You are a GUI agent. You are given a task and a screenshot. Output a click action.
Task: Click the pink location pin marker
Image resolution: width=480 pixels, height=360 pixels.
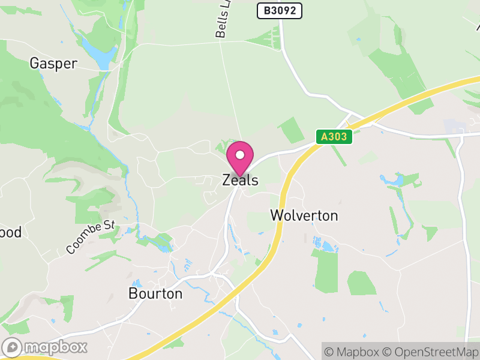point(240,159)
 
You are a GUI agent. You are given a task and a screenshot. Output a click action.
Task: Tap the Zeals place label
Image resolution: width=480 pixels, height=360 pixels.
point(240,180)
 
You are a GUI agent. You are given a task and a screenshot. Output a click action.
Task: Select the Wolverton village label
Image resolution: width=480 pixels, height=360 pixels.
point(304,215)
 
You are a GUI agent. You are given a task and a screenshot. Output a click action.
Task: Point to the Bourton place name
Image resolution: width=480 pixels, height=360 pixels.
point(155,293)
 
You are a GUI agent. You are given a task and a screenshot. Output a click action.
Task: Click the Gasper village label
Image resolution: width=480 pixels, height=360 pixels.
point(53,64)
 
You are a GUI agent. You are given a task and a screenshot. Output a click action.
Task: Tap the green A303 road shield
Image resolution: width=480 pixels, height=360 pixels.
point(334,137)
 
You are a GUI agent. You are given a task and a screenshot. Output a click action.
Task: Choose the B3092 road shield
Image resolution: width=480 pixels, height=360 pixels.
point(280,10)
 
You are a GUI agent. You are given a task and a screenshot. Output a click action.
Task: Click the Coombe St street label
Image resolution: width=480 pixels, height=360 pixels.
point(91,236)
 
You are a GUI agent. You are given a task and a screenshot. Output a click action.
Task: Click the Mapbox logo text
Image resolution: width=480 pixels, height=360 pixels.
point(56,347)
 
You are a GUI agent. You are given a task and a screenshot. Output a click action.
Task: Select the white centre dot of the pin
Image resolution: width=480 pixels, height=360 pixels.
point(240,155)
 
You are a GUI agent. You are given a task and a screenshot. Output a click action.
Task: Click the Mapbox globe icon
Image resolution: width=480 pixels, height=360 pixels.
point(13,347)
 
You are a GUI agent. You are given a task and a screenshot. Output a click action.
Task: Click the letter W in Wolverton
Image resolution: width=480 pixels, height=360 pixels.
point(277,215)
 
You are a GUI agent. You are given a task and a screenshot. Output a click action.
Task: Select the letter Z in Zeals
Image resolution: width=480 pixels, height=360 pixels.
point(227,180)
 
